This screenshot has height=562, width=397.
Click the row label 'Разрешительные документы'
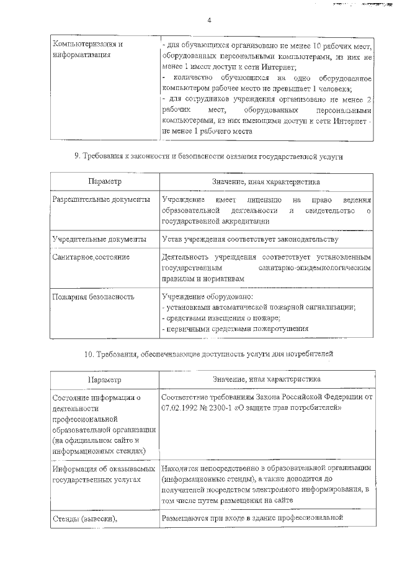(x=101, y=201)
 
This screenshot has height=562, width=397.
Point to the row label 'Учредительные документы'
(x=100, y=239)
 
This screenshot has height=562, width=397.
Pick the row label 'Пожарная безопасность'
(x=94, y=296)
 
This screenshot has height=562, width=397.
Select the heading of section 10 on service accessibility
(x=209, y=354)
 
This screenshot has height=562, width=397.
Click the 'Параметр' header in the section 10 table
(x=105, y=379)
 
